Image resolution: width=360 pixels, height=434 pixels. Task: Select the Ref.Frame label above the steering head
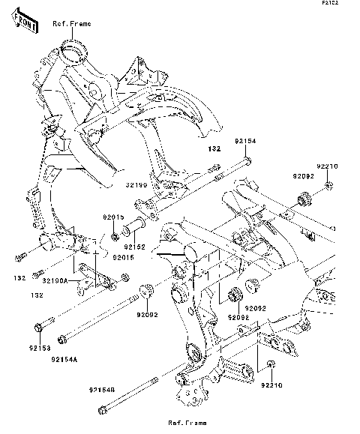coord(71,24)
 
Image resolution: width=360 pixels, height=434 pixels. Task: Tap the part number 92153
coord(40,349)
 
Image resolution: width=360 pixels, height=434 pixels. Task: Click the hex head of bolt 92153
coord(38,327)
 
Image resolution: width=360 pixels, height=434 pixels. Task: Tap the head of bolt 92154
coord(247,160)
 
